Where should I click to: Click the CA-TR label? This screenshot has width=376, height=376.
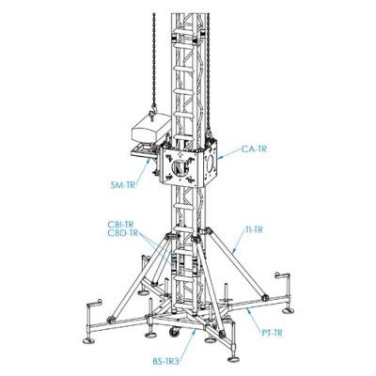(254, 149)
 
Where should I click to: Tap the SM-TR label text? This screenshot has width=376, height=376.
(123, 185)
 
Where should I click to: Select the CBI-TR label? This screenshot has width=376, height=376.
(120, 225)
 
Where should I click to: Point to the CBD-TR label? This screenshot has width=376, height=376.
(122, 233)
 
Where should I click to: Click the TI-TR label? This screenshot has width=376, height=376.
(253, 229)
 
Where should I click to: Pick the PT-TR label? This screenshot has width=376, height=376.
(272, 333)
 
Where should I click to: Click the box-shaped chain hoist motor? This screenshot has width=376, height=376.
(151, 130)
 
